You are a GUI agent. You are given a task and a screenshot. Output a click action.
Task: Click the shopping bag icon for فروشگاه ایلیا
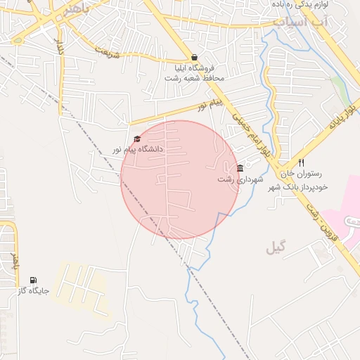click(x=194, y=58)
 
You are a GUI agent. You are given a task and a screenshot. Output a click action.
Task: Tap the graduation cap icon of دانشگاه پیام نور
click(x=136, y=139)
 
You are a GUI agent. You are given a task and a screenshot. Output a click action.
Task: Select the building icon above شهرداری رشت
click(x=240, y=169)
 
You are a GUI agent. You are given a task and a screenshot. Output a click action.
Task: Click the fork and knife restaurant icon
click(x=302, y=162)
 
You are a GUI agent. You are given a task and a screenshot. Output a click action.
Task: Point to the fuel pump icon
click(x=33, y=280)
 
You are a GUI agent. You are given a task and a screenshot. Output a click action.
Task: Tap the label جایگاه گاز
click(x=33, y=290)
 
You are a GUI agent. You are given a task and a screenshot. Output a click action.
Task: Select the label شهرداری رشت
click(x=240, y=180)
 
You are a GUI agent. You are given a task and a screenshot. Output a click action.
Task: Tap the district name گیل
click(x=276, y=247)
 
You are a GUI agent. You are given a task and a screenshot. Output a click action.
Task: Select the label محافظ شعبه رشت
click(x=194, y=77)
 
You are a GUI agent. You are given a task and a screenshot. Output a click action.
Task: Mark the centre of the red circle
click(x=180, y=180)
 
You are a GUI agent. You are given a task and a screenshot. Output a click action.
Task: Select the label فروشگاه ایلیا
click(x=195, y=68)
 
